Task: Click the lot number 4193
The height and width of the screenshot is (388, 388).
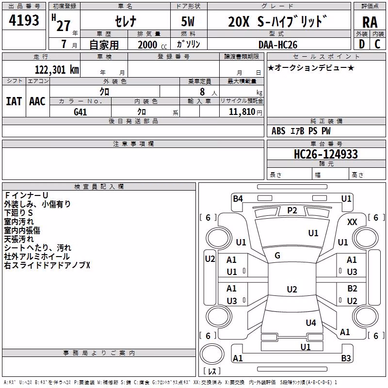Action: [24, 20]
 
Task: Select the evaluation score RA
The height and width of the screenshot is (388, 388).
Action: [370, 22]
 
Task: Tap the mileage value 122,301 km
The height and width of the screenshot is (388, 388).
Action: [57, 70]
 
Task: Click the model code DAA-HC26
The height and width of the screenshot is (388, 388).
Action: [278, 45]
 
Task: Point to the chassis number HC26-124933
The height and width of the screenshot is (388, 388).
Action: [325, 154]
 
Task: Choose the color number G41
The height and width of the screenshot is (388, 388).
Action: [80, 112]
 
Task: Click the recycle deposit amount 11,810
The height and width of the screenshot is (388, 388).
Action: [242, 112]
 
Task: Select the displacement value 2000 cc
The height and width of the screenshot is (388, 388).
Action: [152, 45]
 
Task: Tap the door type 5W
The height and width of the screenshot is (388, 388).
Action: [188, 21]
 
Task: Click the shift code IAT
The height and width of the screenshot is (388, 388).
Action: [14, 101]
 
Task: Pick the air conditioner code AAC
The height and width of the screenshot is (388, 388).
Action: [37, 101]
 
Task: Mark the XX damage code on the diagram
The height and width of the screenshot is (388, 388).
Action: [352, 222]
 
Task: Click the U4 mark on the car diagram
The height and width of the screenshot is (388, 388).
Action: [311, 323]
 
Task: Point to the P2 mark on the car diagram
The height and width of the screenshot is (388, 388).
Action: [292, 210]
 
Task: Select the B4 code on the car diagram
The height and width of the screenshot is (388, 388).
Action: [238, 199]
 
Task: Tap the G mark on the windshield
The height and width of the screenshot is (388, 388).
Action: [277, 256]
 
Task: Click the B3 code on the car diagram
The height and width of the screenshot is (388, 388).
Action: [346, 358]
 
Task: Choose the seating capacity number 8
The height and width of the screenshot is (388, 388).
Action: [202, 92]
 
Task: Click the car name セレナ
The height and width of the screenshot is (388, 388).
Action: [126, 21]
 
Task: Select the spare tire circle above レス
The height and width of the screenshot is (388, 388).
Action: [212, 354]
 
